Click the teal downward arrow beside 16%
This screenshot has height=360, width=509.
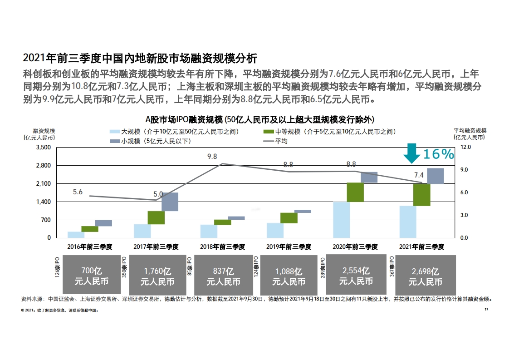[411, 153]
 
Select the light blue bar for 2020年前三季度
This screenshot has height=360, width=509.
[342, 220]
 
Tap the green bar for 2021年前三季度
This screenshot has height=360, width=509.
[422, 195]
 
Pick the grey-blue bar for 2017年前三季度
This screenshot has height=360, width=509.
[170, 202]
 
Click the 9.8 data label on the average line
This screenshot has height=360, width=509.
[212, 157]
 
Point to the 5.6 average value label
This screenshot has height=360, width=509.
[78, 192]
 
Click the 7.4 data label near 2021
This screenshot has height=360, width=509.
[419, 175]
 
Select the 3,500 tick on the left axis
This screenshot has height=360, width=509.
[44, 148]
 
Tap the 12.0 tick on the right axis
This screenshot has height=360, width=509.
[465, 147]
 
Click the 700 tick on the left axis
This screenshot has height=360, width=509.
[46, 220]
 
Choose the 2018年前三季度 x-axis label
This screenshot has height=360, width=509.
[223, 247]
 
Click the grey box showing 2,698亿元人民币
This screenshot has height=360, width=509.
[425, 275]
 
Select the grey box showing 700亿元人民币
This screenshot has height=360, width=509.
[92, 275]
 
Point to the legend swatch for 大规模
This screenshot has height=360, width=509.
[115, 132]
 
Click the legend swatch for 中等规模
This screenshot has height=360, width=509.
[269, 132]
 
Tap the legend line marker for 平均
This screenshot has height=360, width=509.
[269, 141]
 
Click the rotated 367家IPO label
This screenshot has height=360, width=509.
[392, 266]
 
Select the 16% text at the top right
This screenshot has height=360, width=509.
[439, 154]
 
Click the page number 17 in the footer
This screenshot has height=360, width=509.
[486, 309]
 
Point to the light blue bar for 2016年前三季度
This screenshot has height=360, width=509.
[76, 235]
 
